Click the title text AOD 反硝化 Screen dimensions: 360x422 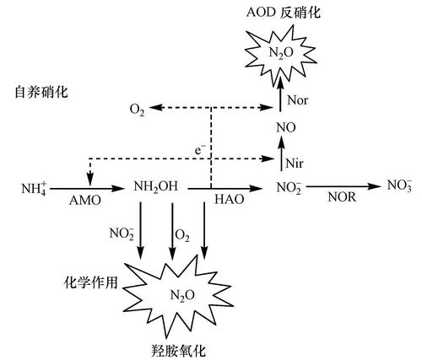(283, 13)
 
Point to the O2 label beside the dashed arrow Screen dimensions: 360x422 (138, 110)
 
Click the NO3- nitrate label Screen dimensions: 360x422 (396, 184)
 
